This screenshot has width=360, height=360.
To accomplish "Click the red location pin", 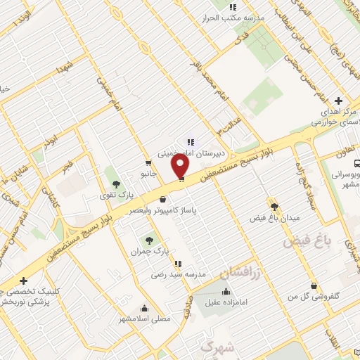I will click(x=181, y=167).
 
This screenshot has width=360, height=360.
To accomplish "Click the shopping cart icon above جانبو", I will click(x=148, y=162).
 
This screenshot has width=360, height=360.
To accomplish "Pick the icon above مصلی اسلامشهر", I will click(x=144, y=307).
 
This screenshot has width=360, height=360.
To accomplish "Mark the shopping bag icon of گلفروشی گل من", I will click(x=313, y=285).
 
